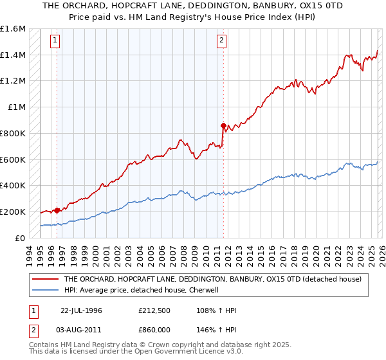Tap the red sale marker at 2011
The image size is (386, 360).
223,125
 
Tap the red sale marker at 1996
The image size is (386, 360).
57,210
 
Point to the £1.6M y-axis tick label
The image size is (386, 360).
13,29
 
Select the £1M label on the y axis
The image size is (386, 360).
16,107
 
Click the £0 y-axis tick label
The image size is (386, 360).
20,238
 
